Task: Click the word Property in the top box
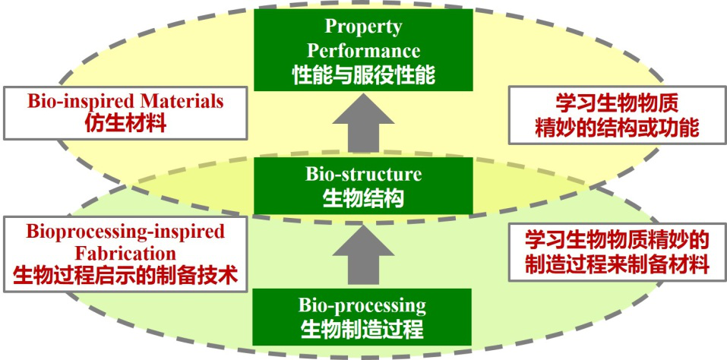(x=363, y=27)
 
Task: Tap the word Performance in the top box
(x=363, y=50)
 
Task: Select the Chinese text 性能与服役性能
(x=363, y=75)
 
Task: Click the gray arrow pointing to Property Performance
(x=363, y=123)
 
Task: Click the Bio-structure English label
(x=363, y=175)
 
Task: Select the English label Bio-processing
(x=362, y=306)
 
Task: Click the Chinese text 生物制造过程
(x=362, y=330)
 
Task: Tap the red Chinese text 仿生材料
(x=125, y=124)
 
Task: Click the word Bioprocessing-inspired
(x=125, y=232)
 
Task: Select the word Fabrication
(x=125, y=254)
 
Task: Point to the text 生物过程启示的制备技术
(x=125, y=276)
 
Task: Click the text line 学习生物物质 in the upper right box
(x=617, y=104)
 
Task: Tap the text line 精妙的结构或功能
(x=617, y=128)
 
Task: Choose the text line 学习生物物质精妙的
(x=617, y=241)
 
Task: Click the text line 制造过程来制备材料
(x=617, y=266)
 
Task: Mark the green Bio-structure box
(x=363, y=186)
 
